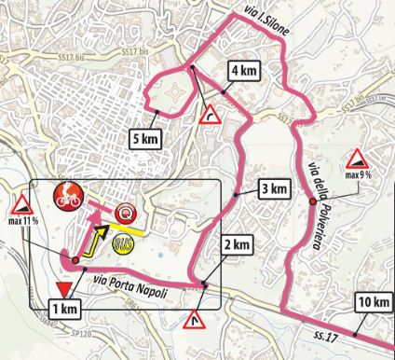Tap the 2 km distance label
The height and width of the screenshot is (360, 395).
237,245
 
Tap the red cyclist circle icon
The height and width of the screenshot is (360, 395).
67,197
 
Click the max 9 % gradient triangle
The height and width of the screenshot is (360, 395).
356,159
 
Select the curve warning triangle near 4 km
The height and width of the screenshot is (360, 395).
211,114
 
